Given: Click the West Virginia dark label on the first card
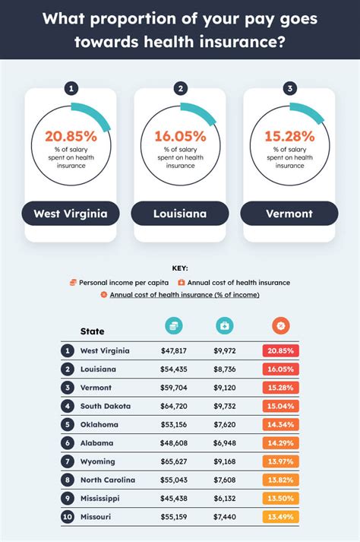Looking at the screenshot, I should [71, 214].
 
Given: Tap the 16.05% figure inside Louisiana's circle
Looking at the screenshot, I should [180, 136].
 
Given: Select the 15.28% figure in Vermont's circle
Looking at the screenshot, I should [289, 136].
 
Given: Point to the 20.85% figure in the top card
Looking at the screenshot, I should [71, 136].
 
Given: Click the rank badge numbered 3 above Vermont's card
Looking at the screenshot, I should [289, 88].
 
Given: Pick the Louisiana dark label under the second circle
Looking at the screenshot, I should [180, 214].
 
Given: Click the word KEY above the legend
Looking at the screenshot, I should [180, 268].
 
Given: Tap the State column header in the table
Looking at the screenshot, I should [93, 331].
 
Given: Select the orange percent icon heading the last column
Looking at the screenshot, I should [281, 326].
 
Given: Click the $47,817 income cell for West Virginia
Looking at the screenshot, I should [174, 351].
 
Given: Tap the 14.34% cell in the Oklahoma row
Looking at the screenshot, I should [280, 425].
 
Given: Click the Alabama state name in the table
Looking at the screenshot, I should [96, 443].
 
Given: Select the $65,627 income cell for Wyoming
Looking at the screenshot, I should [174, 461].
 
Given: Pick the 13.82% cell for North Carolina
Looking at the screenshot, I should [280, 480].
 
